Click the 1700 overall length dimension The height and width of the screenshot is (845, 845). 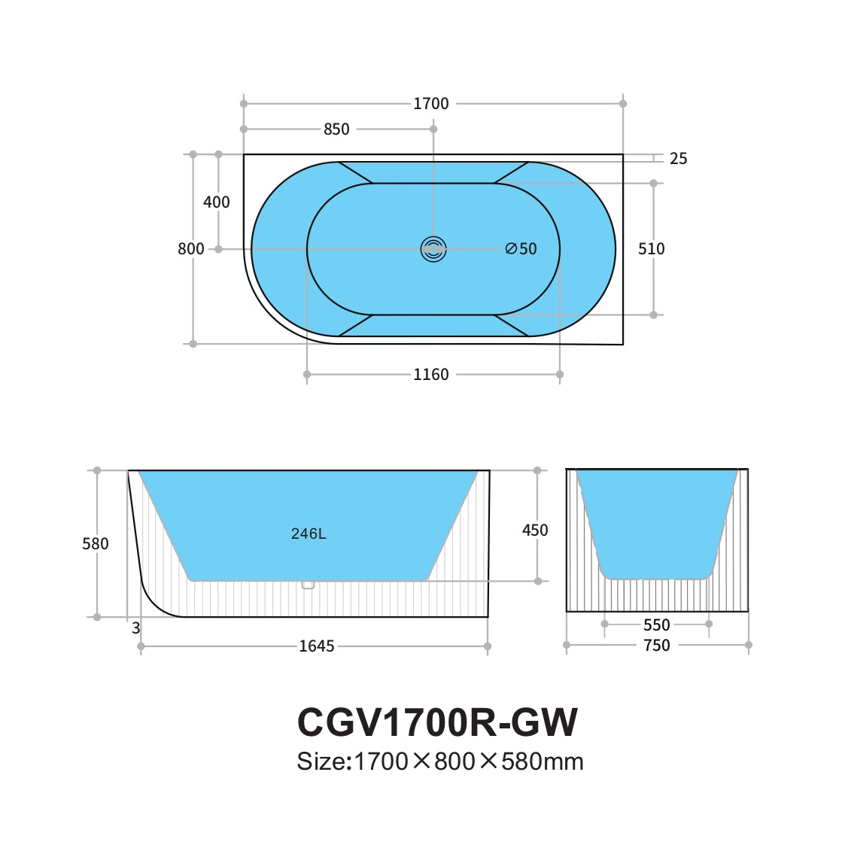coord(430,104)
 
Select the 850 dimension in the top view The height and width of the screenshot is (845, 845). coord(336,129)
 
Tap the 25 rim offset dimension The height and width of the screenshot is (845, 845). coord(678,159)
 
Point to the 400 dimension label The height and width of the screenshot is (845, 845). coord(217,202)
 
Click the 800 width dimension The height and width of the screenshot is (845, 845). coord(191,249)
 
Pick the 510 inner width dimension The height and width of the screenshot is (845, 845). coord(651,249)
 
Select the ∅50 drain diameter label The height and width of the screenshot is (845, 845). coord(521,249)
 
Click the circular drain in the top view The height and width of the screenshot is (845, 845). coord(433,249)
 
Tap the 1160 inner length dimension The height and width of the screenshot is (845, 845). coord(430,375)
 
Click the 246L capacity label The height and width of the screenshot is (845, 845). coord(309,534)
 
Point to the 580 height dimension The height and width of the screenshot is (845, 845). coord(96,544)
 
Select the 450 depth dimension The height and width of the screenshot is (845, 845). coord(535,530)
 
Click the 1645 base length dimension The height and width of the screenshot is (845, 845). coord(317,646)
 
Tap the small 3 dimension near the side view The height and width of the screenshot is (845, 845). coord(136,628)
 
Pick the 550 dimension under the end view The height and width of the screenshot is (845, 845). coord(656,625)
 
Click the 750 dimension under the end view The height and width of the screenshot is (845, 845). coord(656,646)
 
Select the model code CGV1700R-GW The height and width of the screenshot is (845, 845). coord(437,722)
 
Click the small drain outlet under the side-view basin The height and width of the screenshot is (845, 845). coord(307,585)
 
